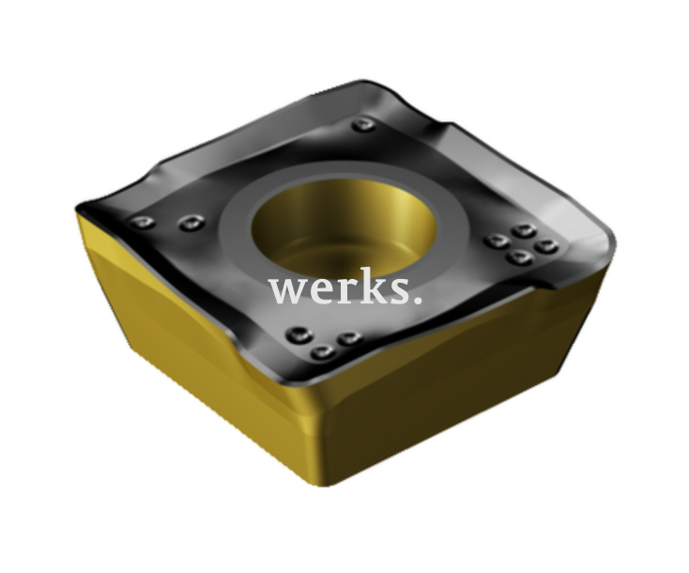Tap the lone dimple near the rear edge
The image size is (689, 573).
click(x=364, y=125)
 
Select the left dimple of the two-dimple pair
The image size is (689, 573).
click(x=144, y=222)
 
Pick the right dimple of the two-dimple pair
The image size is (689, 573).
click(x=191, y=222)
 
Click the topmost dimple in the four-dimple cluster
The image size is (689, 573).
click(x=524, y=230)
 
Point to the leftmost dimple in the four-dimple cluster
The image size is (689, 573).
click(x=497, y=240)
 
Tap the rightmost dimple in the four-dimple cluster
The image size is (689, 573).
click(x=546, y=246)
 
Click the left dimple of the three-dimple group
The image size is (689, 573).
click(x=299, y=335)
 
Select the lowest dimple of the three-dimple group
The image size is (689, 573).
click(x=323, y=351)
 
